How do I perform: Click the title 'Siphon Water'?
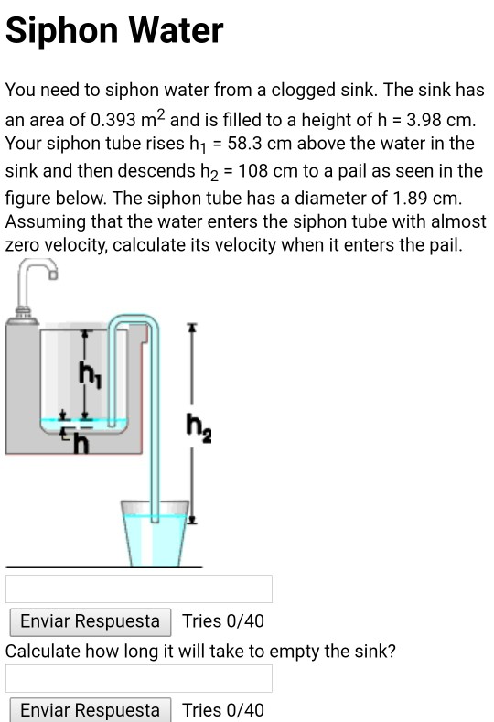pos(114,31)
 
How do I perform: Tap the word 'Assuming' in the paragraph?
pos(42,222)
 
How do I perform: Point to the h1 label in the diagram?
pos(88,374)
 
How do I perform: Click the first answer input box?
pos(139,588)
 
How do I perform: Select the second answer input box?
pos(139,678)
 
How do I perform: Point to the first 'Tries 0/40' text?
pos(223,621)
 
